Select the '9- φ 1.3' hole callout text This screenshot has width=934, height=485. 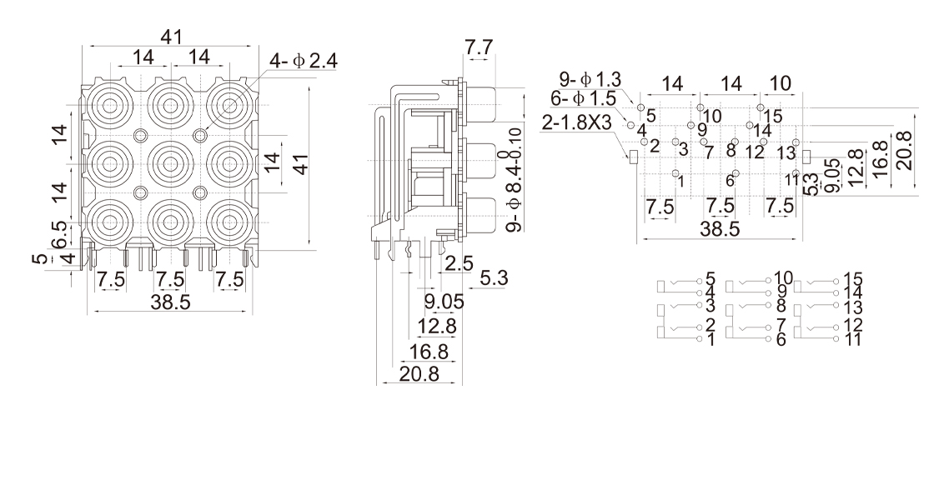pos(590,80)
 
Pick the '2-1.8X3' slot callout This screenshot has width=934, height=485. pos(578,122)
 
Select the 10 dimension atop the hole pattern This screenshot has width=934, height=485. pos(779,84)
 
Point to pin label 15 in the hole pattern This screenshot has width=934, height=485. pos(773,115)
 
